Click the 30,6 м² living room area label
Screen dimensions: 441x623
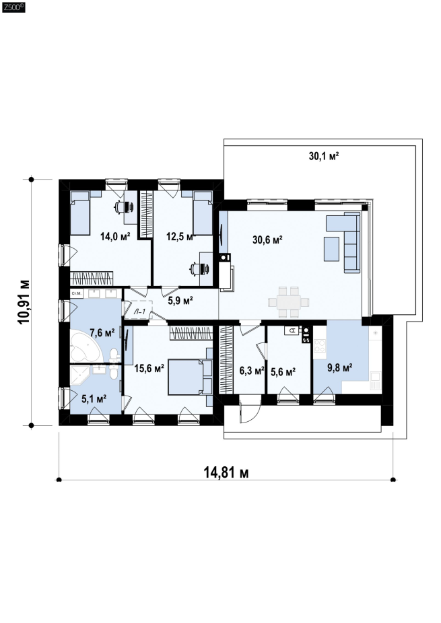pos(267,240)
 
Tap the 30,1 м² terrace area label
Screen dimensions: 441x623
pos(324,156)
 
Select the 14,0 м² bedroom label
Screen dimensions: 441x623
pos(115,237)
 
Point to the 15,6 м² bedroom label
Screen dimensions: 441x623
pos(149,369)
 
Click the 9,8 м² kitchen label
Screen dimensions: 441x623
pos(339,368)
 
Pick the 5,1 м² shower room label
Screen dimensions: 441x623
pos(94,398)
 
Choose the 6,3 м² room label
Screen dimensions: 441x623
pos(252,371)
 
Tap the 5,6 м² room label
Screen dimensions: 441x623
pos(283,372)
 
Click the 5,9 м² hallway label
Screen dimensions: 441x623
pos(180,300)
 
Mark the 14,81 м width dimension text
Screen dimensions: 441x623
pos(226,473)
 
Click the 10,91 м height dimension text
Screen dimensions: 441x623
pos(24,302)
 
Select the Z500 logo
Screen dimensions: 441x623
pos(13,7)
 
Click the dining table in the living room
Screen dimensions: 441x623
pos(289,302)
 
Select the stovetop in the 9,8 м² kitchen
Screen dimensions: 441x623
pos(319,346)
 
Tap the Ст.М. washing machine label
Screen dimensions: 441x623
pos(77,293)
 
